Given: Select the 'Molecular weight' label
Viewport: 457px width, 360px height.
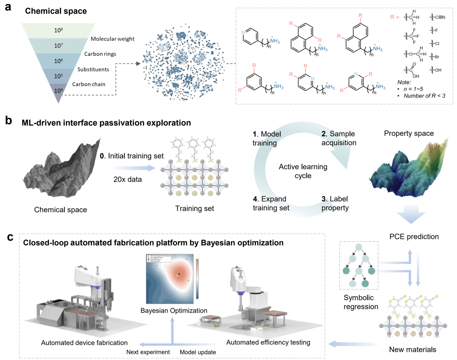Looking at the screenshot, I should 112,39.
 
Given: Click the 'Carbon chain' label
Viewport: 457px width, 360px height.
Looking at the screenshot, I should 89,84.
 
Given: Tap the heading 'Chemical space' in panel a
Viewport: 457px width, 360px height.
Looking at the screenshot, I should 56,11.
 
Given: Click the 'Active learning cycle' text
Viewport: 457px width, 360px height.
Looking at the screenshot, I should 303,171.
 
